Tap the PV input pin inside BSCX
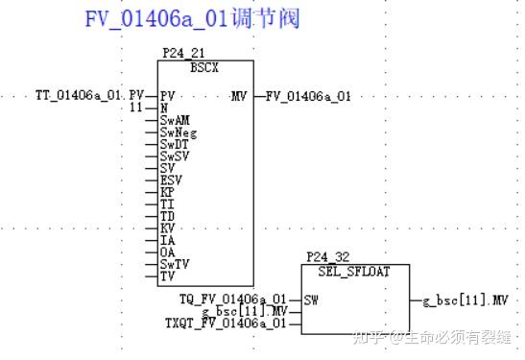[x=168, y=96]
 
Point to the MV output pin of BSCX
[x=240, y=96]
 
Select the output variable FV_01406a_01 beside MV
[x=308, y=96]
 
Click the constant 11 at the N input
[x=135, y=108]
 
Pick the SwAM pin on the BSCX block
[x=175, y=121]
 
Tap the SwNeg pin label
[x=179, y=133]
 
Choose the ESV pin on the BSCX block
[x=171, y=180]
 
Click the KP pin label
[x=167, y=192]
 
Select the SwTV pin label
[x=175, y=263]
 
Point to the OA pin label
[x=167, y=252]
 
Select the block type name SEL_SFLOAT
[x=346, y=271]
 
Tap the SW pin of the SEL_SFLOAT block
[x=311, y=300]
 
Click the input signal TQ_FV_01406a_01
[x=233, y=300]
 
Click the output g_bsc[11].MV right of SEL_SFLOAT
[x=465, y=300]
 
